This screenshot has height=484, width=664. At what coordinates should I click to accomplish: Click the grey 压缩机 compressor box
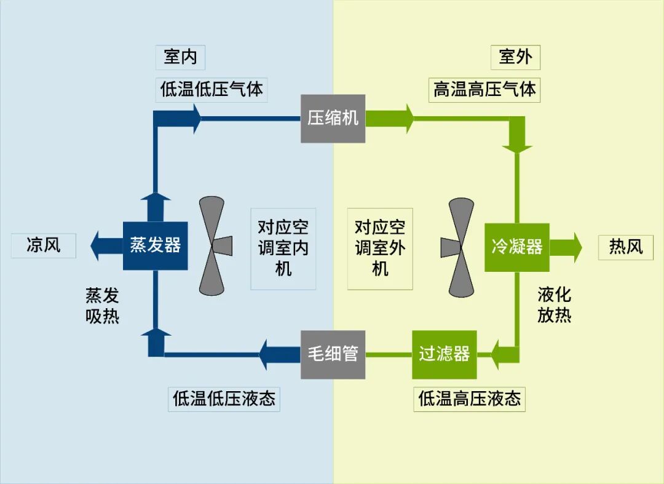point(333,118)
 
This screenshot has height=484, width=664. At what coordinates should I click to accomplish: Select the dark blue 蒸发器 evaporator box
point(155,245)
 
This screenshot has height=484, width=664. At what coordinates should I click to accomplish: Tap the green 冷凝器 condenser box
point(516,247)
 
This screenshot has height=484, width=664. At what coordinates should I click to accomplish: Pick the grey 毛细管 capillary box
point(333,354)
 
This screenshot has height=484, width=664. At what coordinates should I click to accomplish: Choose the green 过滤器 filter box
point(444,354)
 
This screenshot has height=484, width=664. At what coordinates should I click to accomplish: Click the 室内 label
point(180,57)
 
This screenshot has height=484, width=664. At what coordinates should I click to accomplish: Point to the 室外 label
point(515,57)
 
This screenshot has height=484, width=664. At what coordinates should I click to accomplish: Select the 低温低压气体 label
point(211,89)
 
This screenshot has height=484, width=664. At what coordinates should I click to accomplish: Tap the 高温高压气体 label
point(484,90)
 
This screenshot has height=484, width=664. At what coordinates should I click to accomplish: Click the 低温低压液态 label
point(224,399)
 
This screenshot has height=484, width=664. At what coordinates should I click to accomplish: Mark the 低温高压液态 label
point(469,399)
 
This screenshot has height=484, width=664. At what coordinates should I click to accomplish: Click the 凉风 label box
point(44,245)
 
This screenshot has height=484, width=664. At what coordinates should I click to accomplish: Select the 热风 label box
point(625,247)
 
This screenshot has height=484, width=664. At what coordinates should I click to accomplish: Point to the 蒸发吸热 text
point(102,306)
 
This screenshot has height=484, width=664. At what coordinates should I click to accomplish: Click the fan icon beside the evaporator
point(215,245)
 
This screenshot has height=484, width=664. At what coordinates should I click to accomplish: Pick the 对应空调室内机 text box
point(283,248)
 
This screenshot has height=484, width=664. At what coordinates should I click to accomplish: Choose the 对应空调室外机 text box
point(380,248)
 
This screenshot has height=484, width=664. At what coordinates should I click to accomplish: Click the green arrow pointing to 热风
point(566,247)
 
